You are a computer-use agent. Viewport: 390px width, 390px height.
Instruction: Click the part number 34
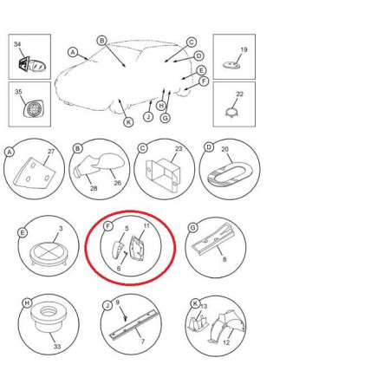(x=17, y=44)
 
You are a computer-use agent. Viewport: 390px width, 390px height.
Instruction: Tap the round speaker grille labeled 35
(x=34, y=109)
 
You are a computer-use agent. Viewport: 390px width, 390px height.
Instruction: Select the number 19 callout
(x=244, y=49)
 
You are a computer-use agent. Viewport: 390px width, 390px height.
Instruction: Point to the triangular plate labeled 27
(x=34, y=173)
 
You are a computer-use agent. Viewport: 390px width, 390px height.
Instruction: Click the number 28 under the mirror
(x=94, y=188)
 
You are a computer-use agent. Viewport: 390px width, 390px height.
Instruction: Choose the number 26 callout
(x=117, y=183)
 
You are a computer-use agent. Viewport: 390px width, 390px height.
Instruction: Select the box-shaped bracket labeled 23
(x=163, y=174)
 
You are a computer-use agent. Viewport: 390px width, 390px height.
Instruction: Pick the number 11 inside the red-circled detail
(x=146, y=225)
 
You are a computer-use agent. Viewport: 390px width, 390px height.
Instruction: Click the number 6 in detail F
(x=119, y=269)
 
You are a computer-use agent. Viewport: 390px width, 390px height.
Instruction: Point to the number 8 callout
(x=224, y=259)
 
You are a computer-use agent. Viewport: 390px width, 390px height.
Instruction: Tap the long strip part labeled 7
(x=133, y=324)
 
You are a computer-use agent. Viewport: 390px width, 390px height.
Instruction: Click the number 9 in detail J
(x=118, y=302)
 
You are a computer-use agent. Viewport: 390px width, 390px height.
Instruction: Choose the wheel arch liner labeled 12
(x=227, y=327)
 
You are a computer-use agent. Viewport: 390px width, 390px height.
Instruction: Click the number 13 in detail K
(x=204, y=306)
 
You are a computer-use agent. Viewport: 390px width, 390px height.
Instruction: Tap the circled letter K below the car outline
(x=128, y=122)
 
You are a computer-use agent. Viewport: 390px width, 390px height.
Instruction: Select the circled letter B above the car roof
(x=101, y=41)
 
